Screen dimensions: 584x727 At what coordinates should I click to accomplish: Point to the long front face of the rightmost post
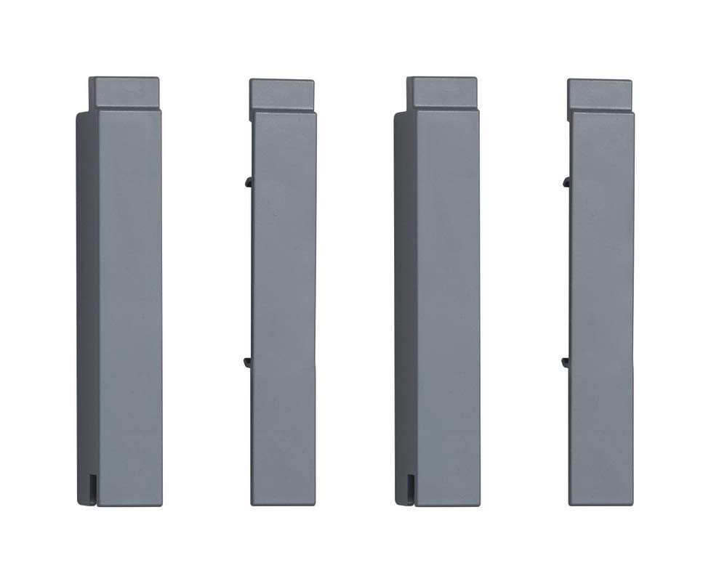click(601, 305)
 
